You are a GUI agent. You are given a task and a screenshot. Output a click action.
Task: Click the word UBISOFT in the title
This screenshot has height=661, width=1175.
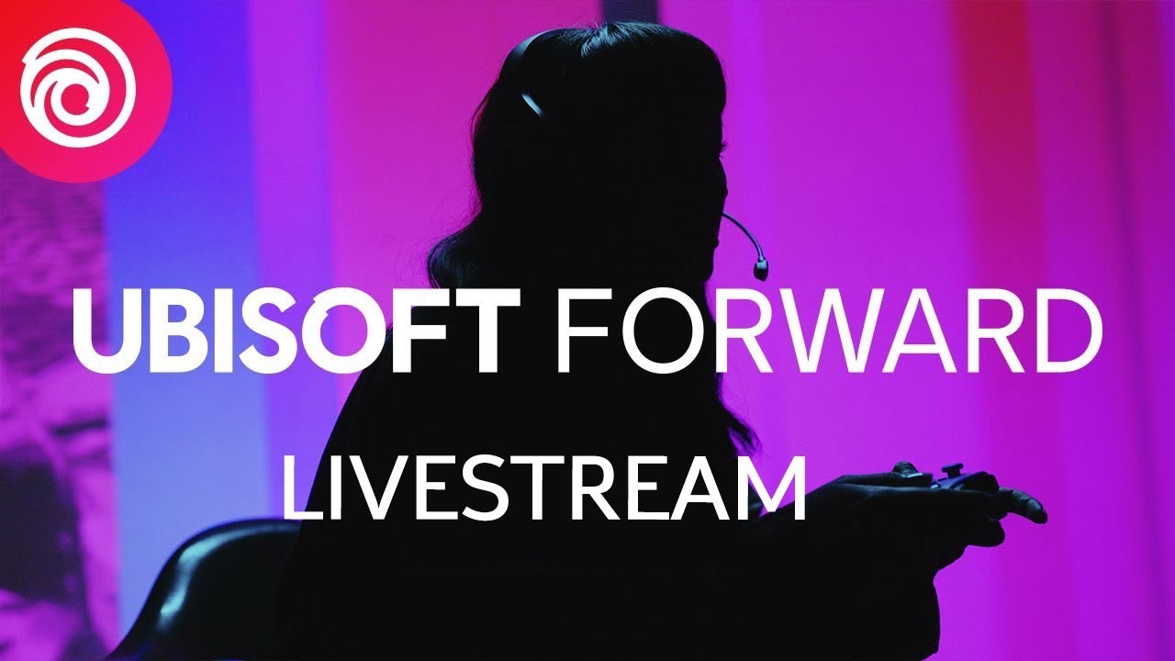297,330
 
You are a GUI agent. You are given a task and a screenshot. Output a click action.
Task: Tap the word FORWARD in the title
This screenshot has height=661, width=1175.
828,330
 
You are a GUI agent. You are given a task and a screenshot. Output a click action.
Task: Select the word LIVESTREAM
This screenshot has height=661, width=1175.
544,488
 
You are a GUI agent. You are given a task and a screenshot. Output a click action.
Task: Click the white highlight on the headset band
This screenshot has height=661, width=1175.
531,104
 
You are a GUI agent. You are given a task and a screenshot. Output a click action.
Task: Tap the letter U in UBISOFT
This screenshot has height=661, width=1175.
106,331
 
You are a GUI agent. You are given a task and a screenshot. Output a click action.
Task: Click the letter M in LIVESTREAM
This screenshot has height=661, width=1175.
772,488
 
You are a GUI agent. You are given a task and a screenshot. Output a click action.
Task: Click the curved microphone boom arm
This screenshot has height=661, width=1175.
744,234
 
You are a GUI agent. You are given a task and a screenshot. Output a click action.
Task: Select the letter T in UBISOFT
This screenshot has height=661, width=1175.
485,331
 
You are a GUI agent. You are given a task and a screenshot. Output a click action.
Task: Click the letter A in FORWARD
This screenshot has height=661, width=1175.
926,331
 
